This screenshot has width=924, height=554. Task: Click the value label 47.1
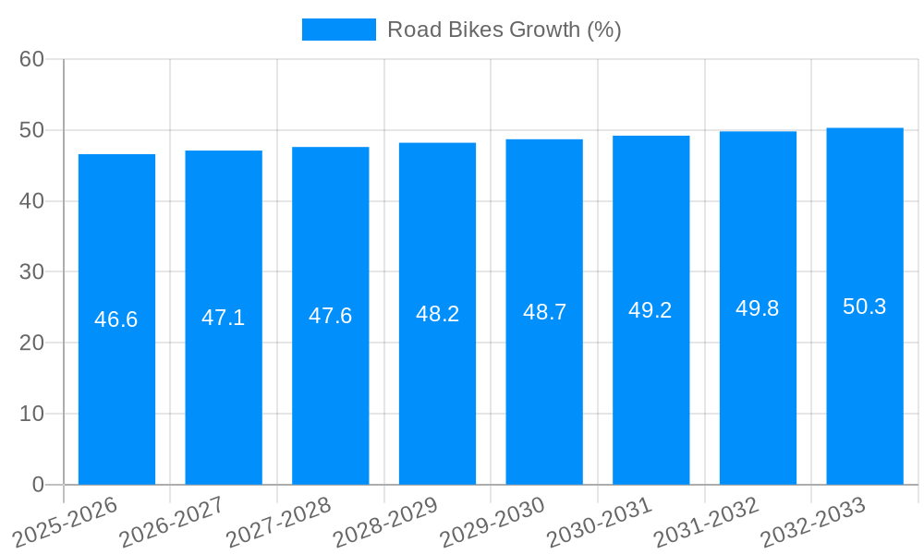[x=224, y=318]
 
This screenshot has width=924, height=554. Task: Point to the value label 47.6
[x=330, y=316]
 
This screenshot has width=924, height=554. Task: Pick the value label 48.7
[x=544, y=312]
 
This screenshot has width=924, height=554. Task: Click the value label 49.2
[x=650, y=310]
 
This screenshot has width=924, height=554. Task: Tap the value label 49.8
[x=758, y=308]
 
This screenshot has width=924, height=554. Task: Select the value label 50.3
[x=865, y=307]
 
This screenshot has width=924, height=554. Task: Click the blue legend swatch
[x=338, y=30]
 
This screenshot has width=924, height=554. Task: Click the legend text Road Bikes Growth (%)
[x=504, y=30]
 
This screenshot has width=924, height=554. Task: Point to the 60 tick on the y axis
[x=31, y=59]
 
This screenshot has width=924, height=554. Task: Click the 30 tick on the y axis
[x=31, y=272]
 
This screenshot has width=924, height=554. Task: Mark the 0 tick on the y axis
[x=38, y=485]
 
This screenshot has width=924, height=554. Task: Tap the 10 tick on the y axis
[x=31, y=414]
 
